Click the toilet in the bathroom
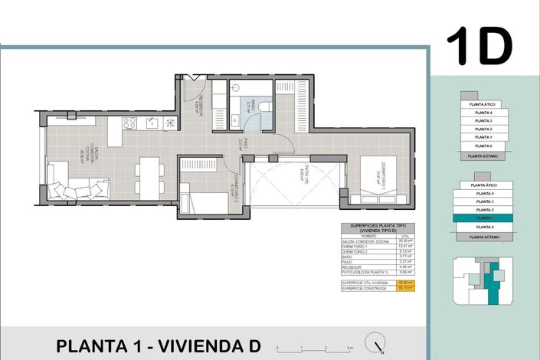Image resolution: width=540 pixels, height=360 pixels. tap(263, 107)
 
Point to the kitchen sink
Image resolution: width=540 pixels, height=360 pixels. tap(152, 123)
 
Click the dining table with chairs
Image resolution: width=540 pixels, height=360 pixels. tap(147, 175)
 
